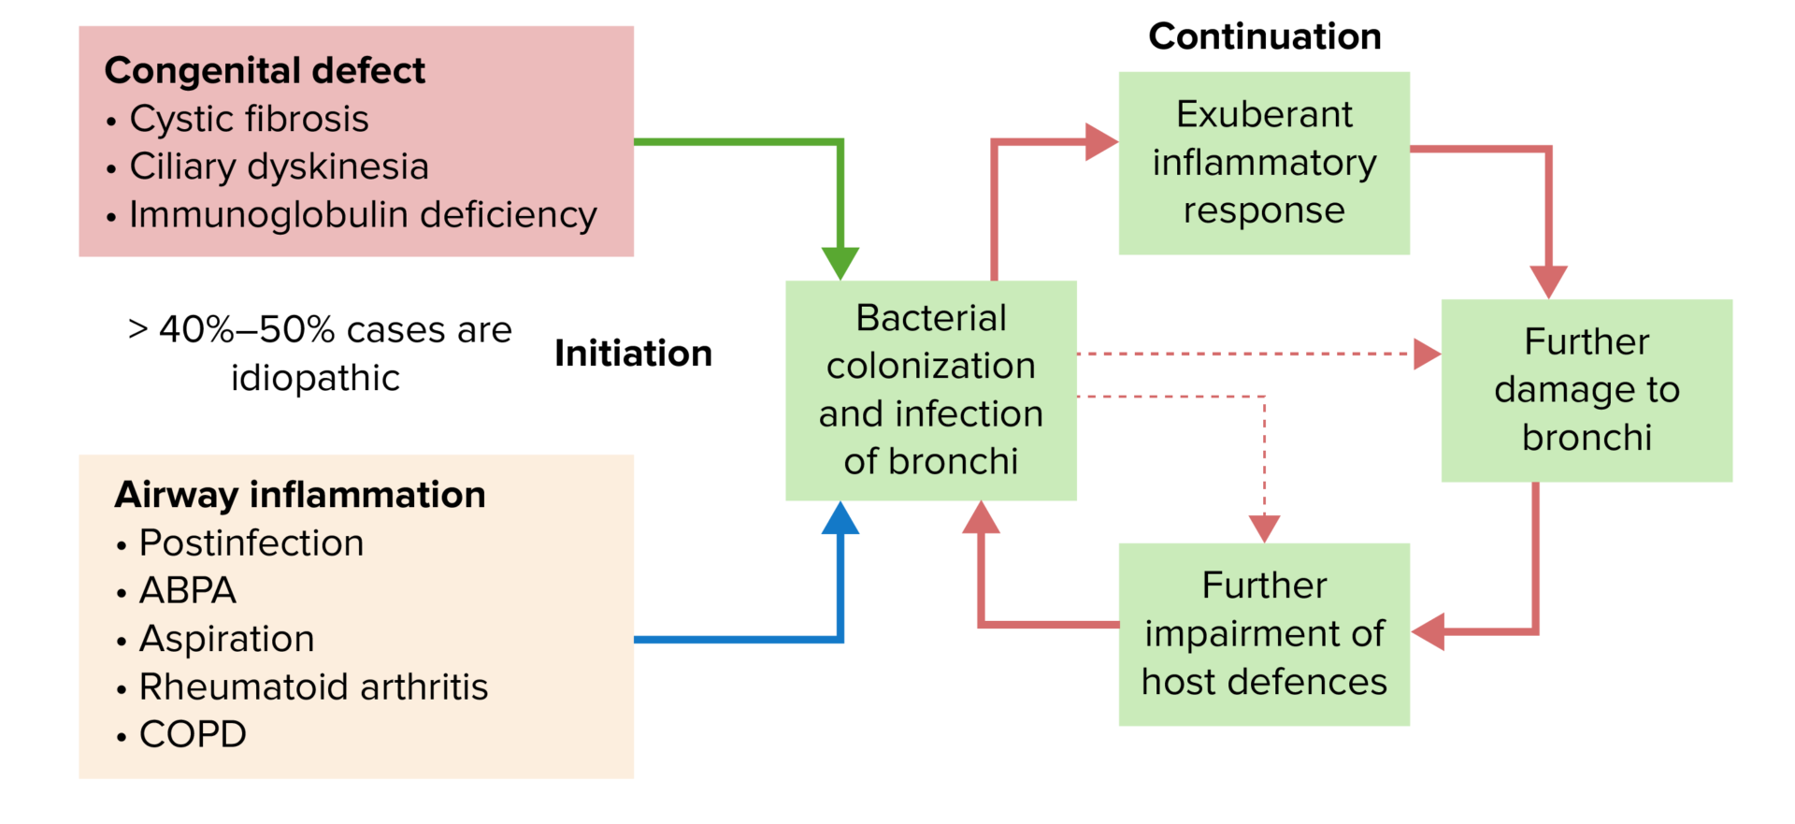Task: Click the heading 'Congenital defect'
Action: pos(265,71)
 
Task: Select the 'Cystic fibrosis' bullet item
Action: pos(249,119)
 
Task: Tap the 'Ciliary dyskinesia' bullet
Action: pos(279,166)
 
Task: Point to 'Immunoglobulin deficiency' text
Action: pos(363,214)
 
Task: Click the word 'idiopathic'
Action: pos(315,378)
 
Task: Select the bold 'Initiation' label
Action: pos(633,354)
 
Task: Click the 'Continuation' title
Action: pos(1264,36)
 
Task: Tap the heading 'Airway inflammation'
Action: pos(300,495)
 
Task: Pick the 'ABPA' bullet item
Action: pos(188,590)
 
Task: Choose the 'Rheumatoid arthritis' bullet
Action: pos(313,687)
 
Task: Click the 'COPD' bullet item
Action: pos(193,734)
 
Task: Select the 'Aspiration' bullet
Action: pos(226,639)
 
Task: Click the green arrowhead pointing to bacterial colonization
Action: pos(840,263)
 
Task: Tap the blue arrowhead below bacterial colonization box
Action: pos(840,519)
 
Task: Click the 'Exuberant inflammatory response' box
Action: pos(1264,163)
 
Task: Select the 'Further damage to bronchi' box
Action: pos(1587,390)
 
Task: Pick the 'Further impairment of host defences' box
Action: pos(1264,634)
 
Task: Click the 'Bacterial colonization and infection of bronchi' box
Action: pos(930,390)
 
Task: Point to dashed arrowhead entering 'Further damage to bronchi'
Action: pos(1427,354)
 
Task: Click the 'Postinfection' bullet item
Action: pos(251,542)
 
